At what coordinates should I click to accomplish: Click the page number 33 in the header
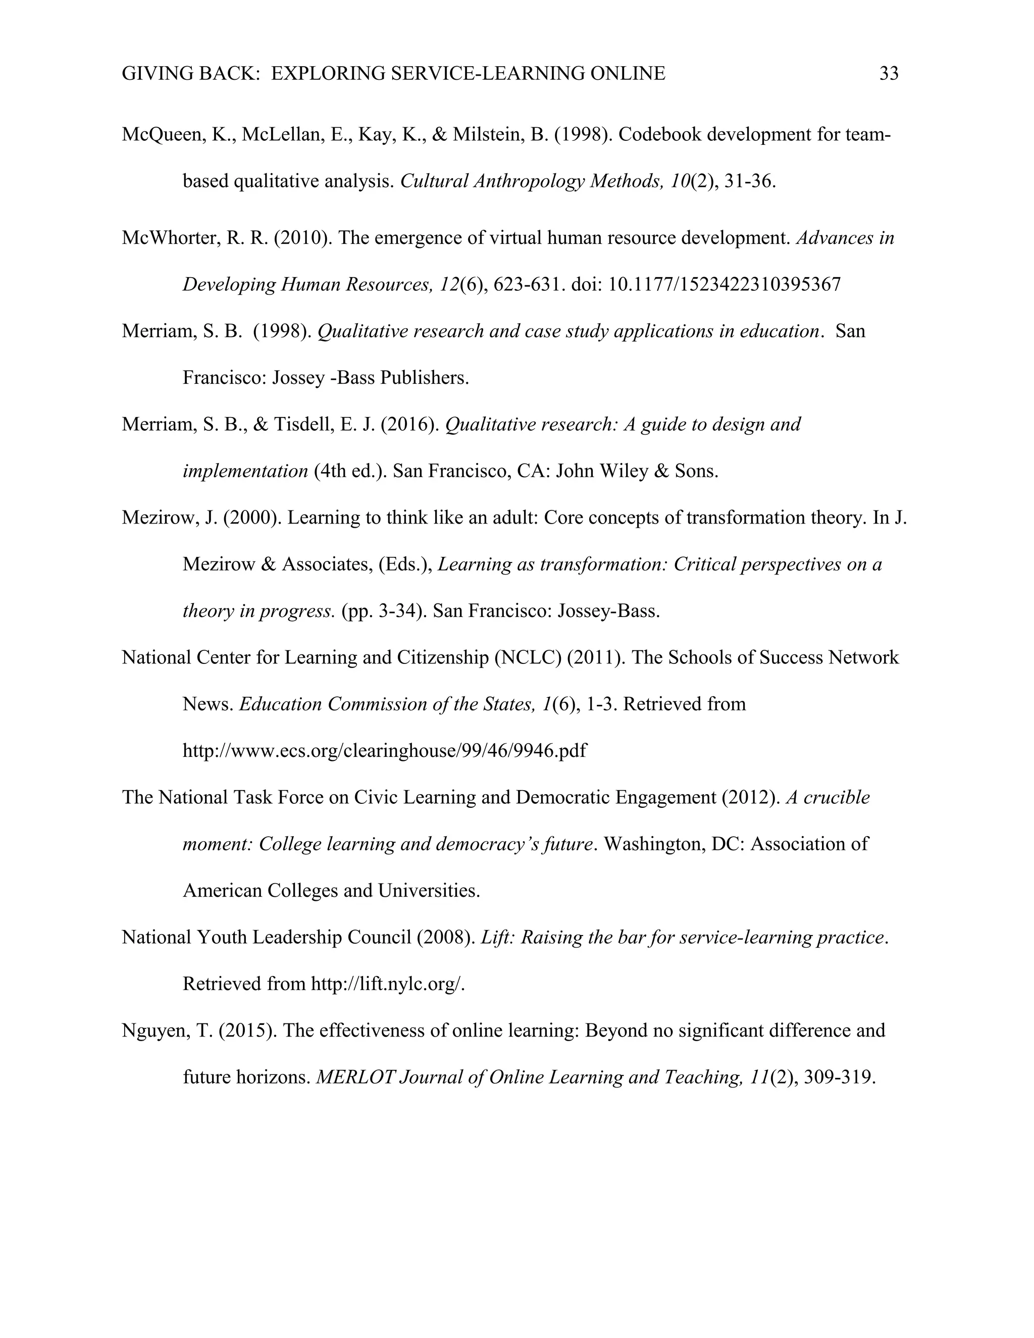pyautogui.click(x=889, y=74)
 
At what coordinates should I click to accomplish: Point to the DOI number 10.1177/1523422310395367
pyautogui.click(x=724, y=285)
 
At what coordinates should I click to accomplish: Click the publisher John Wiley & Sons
pyautogui.click(x=637, y=472)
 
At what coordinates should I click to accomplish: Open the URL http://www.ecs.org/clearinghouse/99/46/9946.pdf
pyautogui.click(x=384, y=751)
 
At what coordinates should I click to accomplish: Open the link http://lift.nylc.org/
pyautogui.click(x=388, y=985)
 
